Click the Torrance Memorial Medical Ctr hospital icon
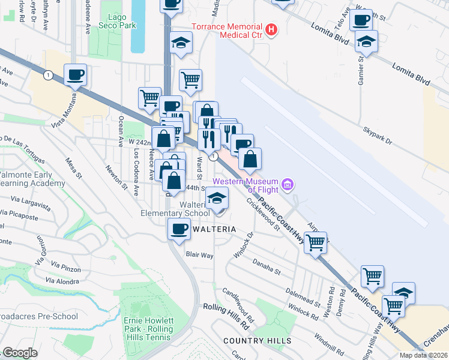click(272, 28)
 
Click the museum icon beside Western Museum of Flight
click(288, 185)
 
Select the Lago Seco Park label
click(118, 21)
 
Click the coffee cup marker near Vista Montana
click(76, 75)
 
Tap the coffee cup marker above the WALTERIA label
click(179, 229)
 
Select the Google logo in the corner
click(20, 353)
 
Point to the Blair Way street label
click(199, 255)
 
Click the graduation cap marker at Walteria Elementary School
click(218, 197)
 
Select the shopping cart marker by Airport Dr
click(316, 242)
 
